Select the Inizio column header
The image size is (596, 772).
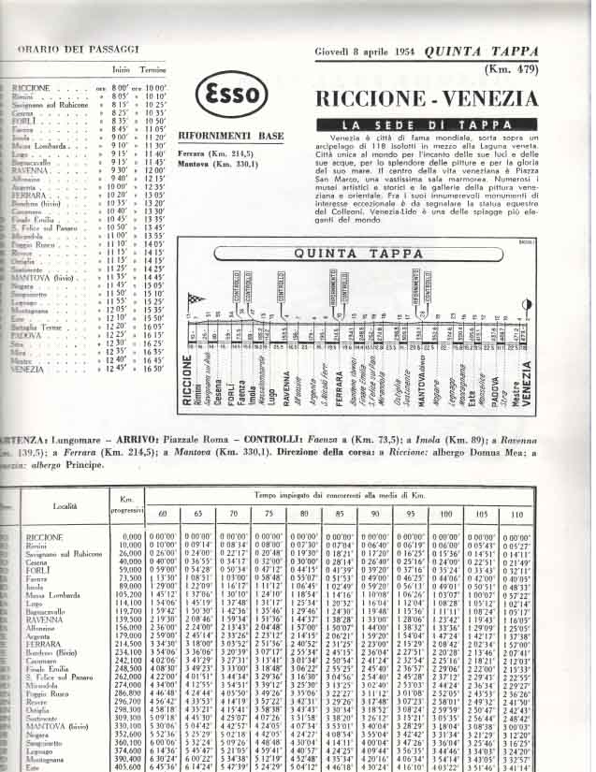(x=121, y=69)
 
